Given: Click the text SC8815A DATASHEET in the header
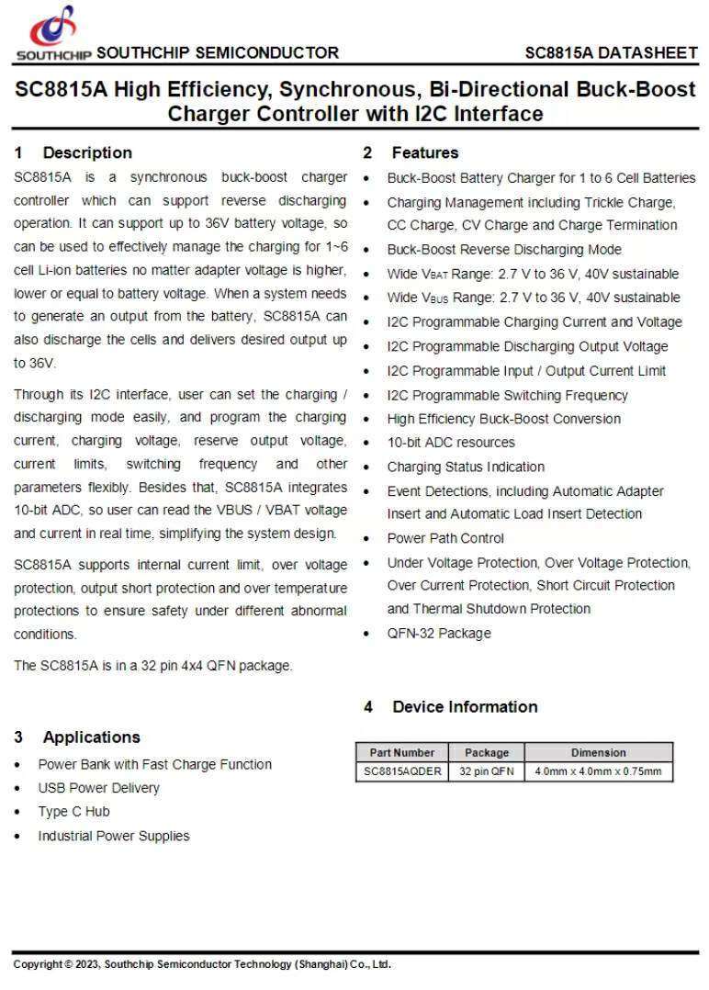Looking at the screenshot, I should pos(611,52).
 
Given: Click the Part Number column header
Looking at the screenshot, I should pos(402,752).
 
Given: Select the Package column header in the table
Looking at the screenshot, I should pos(486,752).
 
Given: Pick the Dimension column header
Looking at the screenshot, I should pos(598,752).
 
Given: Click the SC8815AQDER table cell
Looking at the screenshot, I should pos(402,771).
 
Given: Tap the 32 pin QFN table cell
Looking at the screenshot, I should pos(486,771).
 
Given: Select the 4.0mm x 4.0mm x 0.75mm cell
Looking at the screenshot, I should pos(598,771).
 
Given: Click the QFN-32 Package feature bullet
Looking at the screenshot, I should pos(438,633).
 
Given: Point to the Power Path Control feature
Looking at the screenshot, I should pos(445,538).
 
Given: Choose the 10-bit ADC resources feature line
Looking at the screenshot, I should pos(450,442).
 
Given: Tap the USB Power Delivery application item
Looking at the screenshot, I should pos(98,788).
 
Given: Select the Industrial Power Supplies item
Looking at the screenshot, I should pos(113,836).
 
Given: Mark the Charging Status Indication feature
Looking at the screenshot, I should pos(465,467).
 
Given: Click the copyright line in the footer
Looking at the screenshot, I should pos(202,964).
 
